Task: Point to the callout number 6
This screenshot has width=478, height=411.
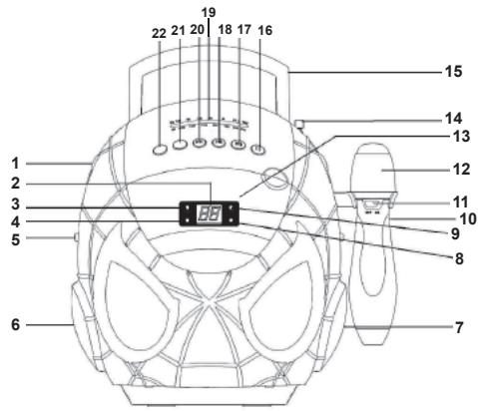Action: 16,325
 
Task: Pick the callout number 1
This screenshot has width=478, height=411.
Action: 16,163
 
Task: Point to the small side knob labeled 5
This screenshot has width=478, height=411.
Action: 75,237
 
